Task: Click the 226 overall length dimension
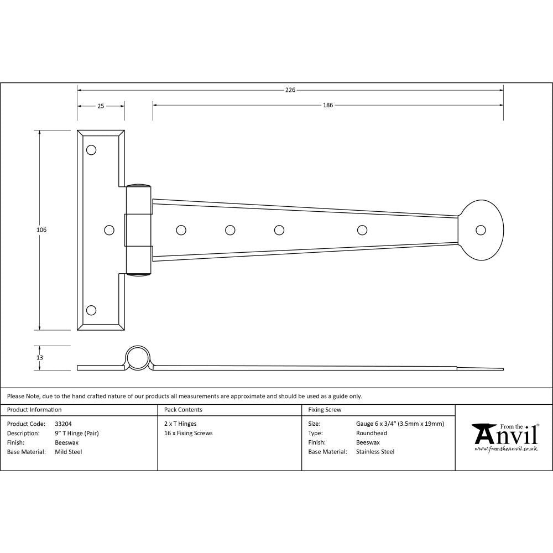pyautogui.click(x=290, y=90)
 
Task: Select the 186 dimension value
pyautogui.click(x=328, y=105)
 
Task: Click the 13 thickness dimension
pyautogui.click(x=40, y=358)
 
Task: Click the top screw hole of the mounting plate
pyautogui.click(x=91, y=150)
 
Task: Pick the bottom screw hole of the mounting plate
pyautogui.click(x=91, y=310)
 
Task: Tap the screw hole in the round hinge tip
pyautogui.click(x=481, y=229)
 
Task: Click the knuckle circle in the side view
pyautogui.click(x=138, y=358)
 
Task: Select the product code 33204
pyautogui.click(x=63, y=424)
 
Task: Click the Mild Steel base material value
pyautogui.click(x=69, y=452)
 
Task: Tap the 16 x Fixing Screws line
pyautogui.click(x=189, y=433)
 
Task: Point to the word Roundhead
pyautogui.click(x=372, y=433)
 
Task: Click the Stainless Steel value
pyautogui.click(x=375, y=452)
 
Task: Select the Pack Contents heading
pyautogui.click(x=183, y=410)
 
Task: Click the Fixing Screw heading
pyautogui.click(x=325, y=410)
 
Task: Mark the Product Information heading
pyautogui.click(x=34, y=410)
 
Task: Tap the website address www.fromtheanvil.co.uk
pyautogui.click(x=505, y=449)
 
